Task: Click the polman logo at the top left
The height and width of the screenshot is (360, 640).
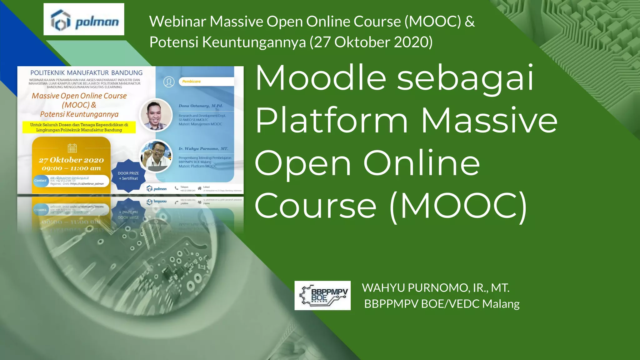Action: pos(84,19)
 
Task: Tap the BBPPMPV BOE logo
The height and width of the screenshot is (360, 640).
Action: pos(322,295)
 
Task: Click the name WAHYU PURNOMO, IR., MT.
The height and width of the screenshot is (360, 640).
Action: pos(436,288)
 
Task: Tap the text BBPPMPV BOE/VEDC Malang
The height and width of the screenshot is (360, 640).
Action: pos(442,304)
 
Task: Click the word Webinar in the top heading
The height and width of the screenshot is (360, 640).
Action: pos(177,22)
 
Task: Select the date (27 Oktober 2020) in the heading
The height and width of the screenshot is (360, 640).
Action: pos(371,42)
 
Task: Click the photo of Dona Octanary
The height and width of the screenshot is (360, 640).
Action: pos(156,115)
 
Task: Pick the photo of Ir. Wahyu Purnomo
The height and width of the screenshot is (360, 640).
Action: pos(156,156)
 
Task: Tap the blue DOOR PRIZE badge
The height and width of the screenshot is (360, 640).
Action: pos(128,176)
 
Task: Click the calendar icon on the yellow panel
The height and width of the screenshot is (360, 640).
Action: pos(72,148)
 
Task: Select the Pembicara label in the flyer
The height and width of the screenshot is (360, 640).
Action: pos(191,82)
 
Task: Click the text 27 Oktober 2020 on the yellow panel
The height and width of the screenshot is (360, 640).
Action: pos(71,160)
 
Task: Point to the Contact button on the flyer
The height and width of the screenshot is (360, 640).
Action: pos(40,181)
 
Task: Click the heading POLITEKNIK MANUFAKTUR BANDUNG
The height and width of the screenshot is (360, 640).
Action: pos(86,73)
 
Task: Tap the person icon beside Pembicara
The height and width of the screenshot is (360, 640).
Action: pos(169,82)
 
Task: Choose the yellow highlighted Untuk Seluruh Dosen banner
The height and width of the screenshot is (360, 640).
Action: pos(79,127)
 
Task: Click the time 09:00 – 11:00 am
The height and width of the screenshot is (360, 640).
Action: pos(71,168)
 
